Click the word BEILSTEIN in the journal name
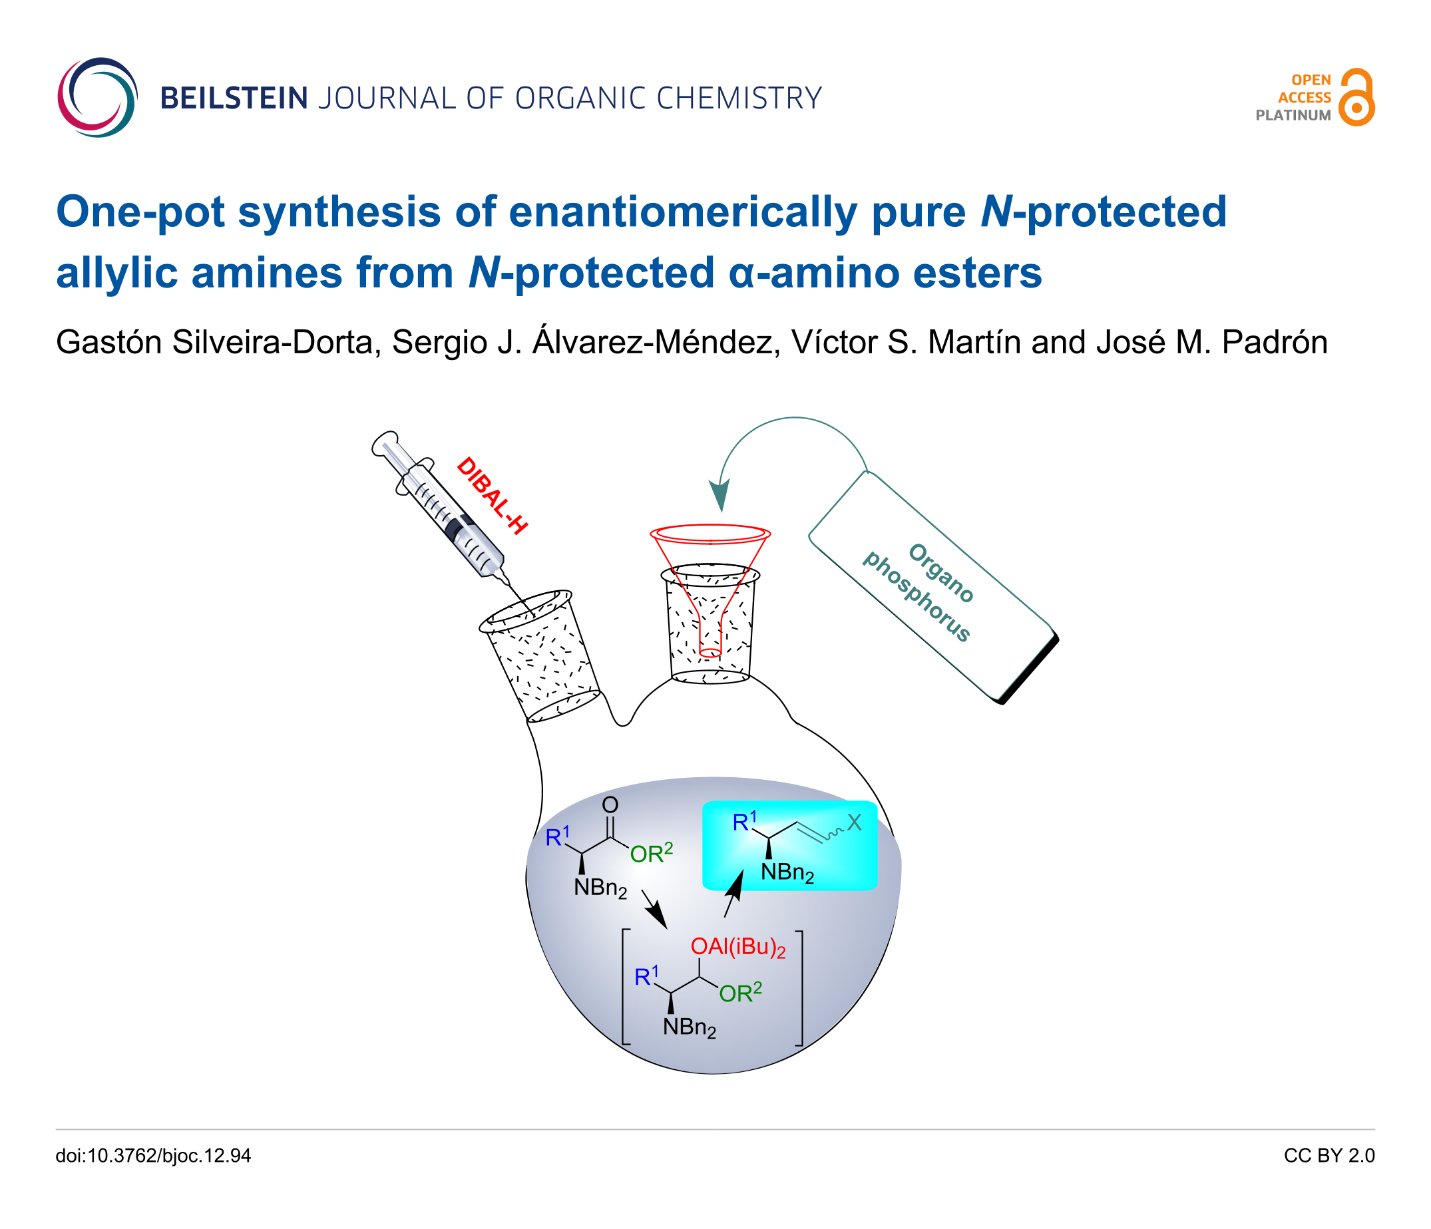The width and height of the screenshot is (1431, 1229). (x=234, y=98)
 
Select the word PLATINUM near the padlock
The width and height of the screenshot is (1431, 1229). (x=1293, y=115)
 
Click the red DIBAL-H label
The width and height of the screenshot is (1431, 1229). (x=492, y=495)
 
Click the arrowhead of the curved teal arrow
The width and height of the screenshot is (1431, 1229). (x=720, y=495)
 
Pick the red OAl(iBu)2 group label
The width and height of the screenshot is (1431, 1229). (x=738, y=948)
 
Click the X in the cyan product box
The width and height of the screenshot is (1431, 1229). (x=855, y=822)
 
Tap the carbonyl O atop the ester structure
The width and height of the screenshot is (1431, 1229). (x=610, y=804)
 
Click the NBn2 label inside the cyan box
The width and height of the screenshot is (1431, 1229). (x=787, y=874)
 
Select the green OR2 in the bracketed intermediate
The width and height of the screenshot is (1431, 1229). (x=740, y=992)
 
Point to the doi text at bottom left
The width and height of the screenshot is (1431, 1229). (x=153, y=1156)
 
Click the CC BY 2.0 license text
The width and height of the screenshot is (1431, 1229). (x=1329, y=1156)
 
